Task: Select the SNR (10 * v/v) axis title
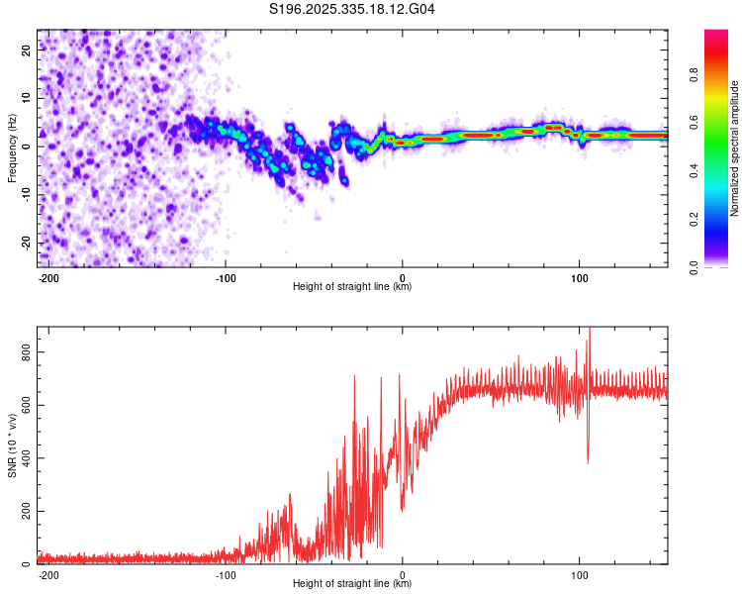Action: pos(12,445)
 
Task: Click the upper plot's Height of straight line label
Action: pos(352,287)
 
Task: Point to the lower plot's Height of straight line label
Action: pos(352,584)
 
